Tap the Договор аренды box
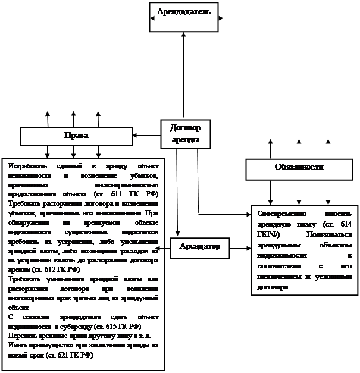(x=184, y=134)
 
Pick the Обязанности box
(x=299, y=168)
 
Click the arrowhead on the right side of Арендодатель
(x=221, y=18)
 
